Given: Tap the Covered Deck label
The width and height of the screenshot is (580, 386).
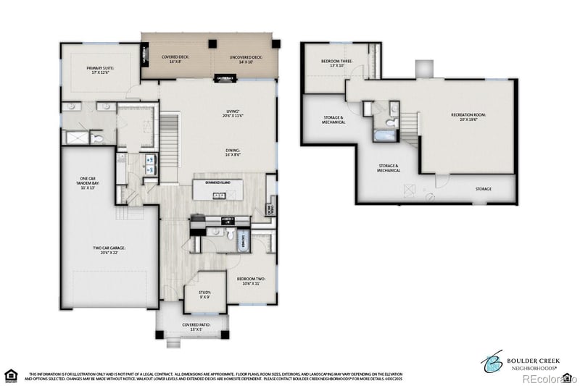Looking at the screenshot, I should coord(175,59).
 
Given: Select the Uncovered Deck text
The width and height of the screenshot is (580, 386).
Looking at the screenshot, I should coord(246,59).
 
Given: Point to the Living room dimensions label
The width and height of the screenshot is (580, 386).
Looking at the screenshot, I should coord(233,114).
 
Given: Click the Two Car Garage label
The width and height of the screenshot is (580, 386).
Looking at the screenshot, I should coord(109,251).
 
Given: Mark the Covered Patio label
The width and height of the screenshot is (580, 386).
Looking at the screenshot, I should coord(196,327).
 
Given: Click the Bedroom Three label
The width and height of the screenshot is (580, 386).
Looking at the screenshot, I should coord(337,63).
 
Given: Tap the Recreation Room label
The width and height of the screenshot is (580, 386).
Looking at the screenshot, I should coord(468,117).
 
